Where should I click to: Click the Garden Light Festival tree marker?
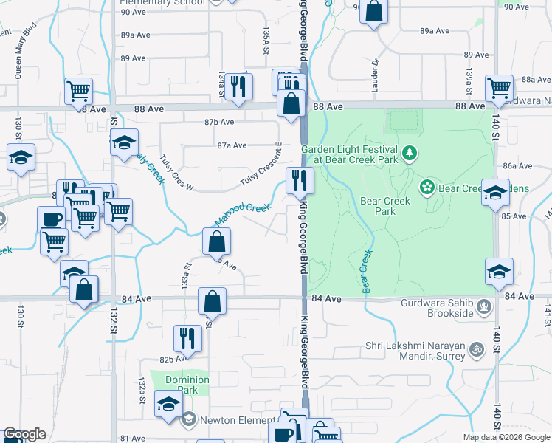pos(410,154)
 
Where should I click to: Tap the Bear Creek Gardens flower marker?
pos(427,188)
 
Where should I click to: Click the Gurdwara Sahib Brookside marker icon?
pos(483,305)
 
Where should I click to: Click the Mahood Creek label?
pos(242,213)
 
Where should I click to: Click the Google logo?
pos(24,434)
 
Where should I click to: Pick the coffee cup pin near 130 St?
pos(51,219)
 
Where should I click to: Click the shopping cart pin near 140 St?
pos(499,88)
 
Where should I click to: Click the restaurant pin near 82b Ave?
pos(187,338)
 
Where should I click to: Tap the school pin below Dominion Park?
pos(168,404)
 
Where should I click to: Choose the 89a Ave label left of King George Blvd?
pos(136,35)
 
